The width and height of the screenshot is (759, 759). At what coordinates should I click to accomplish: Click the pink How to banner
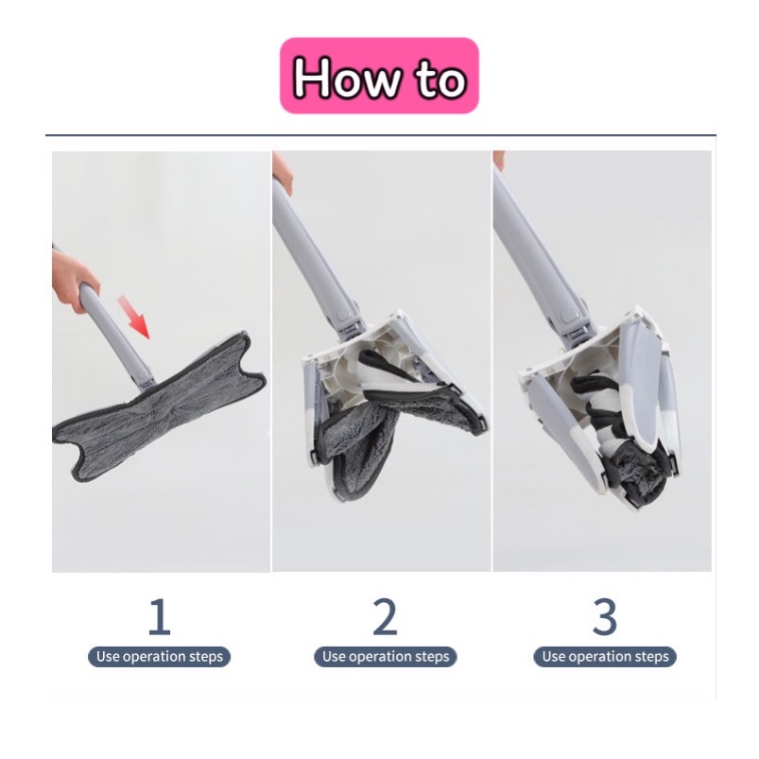point(380,76)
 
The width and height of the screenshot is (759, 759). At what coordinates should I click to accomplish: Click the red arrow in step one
point(134,317)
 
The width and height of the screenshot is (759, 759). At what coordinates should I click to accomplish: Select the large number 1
point(159,616)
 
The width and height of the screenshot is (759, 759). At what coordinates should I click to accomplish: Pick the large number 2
point(385,616)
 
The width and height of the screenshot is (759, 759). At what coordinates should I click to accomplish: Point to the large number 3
point(605,616)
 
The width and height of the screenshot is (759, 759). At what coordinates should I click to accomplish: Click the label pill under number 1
point(159,656)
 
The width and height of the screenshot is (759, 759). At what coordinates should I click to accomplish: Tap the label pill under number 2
point(386,656)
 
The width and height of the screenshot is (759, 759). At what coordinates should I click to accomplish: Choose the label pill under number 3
point(605,656)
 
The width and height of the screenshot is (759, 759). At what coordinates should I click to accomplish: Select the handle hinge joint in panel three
point(575,322)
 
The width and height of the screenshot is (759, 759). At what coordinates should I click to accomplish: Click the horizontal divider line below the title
point(381,134)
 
